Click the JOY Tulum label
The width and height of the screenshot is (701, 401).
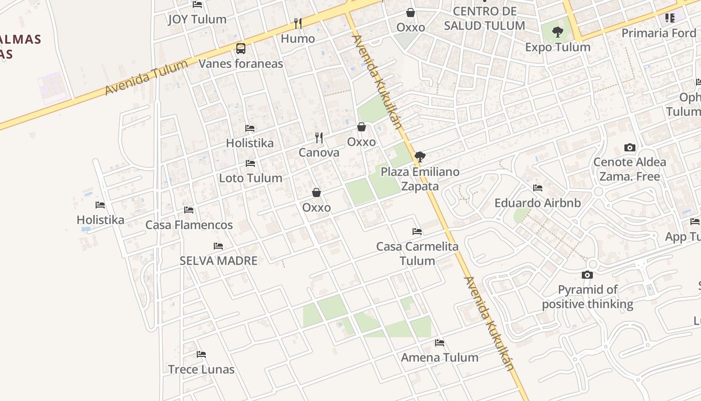tap(197, 20)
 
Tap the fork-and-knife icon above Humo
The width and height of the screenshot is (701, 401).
tap(298, 23)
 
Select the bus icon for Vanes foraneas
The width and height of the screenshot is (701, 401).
tap(241, 49)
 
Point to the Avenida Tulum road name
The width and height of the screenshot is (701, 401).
tap(146, 77)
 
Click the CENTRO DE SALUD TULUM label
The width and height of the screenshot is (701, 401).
tap(484, 19)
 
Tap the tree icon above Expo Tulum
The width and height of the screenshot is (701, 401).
tap(557, 33)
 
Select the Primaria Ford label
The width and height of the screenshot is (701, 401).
tap(658, 33)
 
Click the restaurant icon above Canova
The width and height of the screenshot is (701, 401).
tap(318, 137)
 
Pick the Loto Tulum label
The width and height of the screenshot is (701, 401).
tap(250, 178)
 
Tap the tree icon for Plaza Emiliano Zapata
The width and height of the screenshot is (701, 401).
tap(420, 157)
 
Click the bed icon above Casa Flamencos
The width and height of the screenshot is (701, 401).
tap(189, 210)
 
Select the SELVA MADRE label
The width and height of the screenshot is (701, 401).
tap(218, 261)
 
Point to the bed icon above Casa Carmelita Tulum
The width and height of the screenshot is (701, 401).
tap(417, 232)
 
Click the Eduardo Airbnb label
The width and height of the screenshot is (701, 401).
tap(537, 203)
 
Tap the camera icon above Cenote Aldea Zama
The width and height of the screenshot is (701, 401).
tap(630, 147)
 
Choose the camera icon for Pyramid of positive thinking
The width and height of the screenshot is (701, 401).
tap(587, 275)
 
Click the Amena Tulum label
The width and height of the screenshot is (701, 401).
tap(440, 357)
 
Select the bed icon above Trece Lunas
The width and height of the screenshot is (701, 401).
tap(201, 354)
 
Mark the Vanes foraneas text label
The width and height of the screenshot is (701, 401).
tap(241, 64)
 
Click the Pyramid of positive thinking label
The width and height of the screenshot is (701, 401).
tap(587, 297)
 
